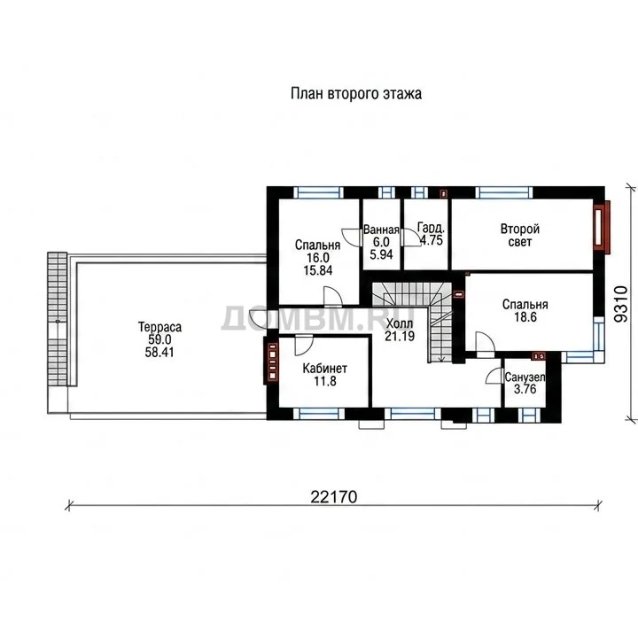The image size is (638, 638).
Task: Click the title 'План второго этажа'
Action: click(x=356, y=94)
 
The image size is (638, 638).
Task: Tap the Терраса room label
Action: click(x=159, y=327)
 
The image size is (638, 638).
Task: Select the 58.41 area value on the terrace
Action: click(x=159, y=353)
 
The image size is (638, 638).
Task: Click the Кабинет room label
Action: click(x=324, y=369)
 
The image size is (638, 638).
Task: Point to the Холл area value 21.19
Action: click(x=400, y=336)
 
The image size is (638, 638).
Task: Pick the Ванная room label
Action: click(x=381, y=230)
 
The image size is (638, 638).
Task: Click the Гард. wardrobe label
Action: click(x=431, y=228)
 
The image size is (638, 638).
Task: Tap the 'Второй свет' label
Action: click(x=519, y=235)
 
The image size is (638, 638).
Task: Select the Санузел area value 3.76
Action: click(x=525, y=389)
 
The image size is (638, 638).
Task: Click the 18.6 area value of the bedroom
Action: click(x=525, y=317)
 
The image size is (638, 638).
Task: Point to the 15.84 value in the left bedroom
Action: click(x=318, y=270)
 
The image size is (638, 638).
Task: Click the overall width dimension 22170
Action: click(x=334, y=497)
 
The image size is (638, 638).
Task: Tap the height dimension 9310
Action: click(x=621, y=304)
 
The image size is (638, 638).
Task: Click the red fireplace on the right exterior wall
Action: click(x=601, y=227)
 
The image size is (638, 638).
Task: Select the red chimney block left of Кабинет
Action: click(x=271, y=361)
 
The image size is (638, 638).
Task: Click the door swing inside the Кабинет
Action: click(x=304, y=345)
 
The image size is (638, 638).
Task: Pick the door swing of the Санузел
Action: click(x=494, y=376)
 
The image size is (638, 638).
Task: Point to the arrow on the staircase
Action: click(x=440, y=359)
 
